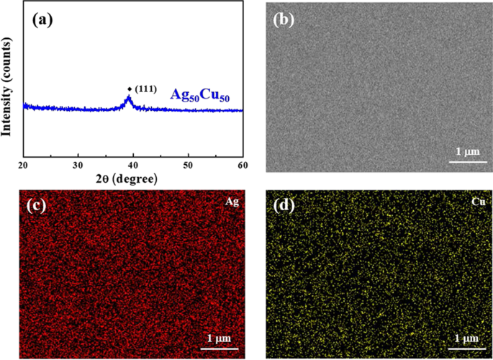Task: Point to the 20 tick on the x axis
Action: (23, 165)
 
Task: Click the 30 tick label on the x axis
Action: (78, 165)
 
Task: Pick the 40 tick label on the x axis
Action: (133, 165)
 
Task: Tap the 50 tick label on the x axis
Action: (188, 165)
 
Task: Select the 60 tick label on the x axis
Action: (243, 165)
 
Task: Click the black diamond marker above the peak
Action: (130, 89)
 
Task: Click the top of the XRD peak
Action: (129, 97)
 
